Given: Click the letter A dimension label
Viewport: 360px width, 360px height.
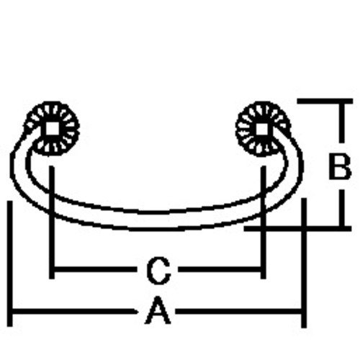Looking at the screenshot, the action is pyautogui.click(x=158, y=310).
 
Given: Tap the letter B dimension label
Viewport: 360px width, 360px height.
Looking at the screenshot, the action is pyautogui.click(x=340, y=166).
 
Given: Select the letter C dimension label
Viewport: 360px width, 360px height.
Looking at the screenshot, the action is pyautogui.click(x=158, y=270).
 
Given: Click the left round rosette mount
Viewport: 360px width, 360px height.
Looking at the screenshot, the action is pyautogui.click(x=53, y=129).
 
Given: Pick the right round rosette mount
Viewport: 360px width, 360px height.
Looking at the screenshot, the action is pyautogui.click(x=263, y=129).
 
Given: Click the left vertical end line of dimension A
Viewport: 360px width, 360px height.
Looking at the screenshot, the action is pyautogui.click(x=9, y=264).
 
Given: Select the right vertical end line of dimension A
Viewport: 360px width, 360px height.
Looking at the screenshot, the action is pyautogui.click(x=304, y=263).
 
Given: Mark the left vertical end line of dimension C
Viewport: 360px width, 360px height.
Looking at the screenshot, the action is pyautogui.click(x=52, y=222).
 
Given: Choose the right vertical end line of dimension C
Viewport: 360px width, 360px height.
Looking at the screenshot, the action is pyautogui.click(x=264, y=222).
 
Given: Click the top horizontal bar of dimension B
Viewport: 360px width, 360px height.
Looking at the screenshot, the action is pyautogui.click(x=325, y=101).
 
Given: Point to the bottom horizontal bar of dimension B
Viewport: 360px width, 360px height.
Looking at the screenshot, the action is pyautogui.click(x=297, y=228).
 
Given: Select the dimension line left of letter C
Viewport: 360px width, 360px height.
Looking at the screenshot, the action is pyautogui.click(x=94, y=269).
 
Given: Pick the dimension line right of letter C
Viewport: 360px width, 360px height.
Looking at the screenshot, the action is pyautogui.click(x=220, y=269).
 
